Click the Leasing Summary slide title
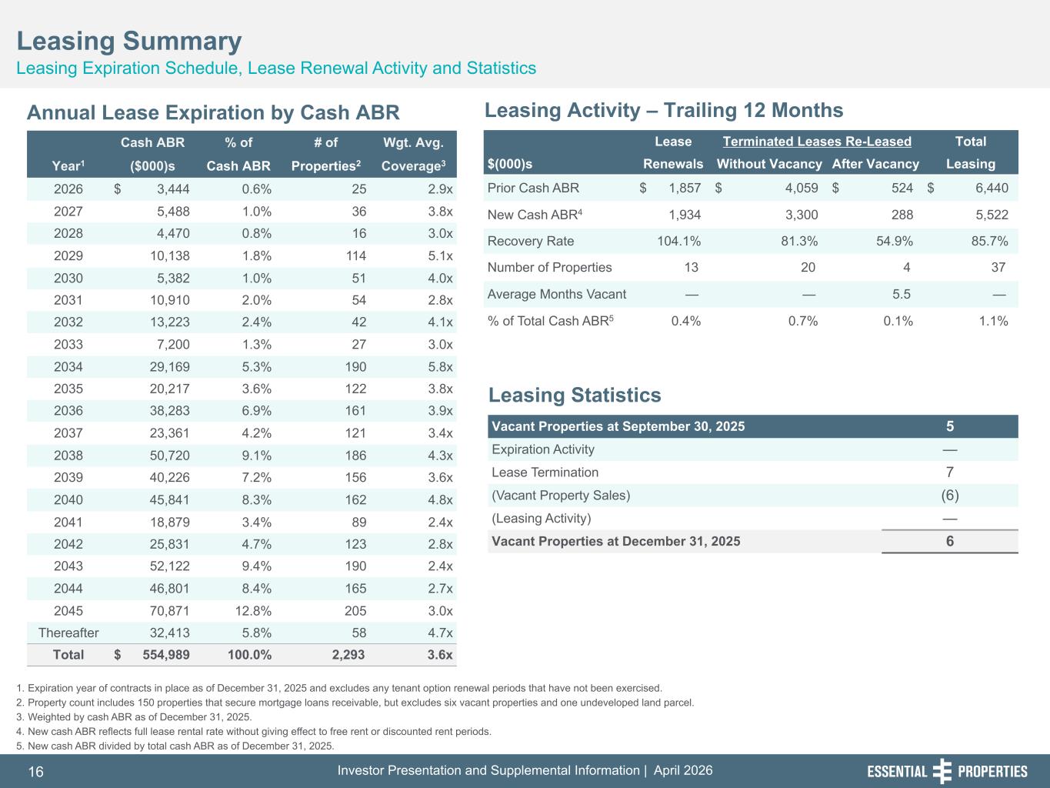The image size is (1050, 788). click(x=129, y=41)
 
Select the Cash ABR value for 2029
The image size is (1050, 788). click(x=169, y=256)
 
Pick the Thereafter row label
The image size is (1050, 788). click(x=68, y=633)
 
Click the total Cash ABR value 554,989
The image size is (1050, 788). click(x=166, y=656)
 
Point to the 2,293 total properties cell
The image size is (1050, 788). click(x=348, y=656)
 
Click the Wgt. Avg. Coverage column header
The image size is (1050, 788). click(x=418, y=154)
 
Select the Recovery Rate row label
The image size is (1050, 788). click(x=531, y=241)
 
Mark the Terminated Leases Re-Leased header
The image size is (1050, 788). click(x=817, y=142)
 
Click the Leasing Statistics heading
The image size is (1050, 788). click(x=575, y=396)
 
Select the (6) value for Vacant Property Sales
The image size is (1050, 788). click(x=950, y=496)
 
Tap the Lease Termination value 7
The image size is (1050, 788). click(x=950, y=472)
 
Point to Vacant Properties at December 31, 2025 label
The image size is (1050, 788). click(x=615, y=541)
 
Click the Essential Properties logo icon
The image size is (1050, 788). click(x=942, y=771)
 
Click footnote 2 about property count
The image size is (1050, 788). click(x=360, y=703)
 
